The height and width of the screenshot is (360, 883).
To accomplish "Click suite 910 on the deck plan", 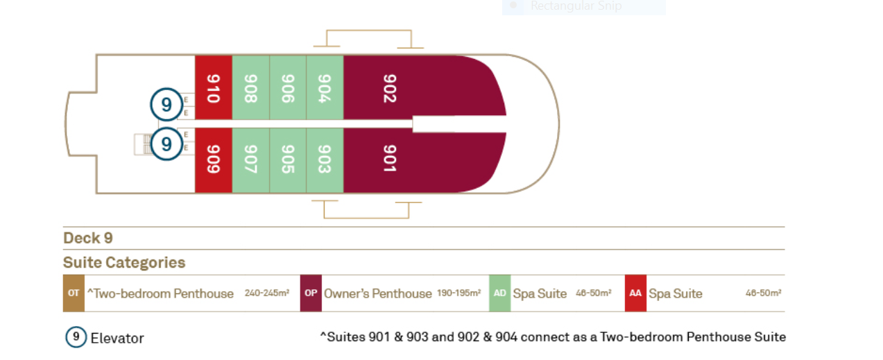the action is tap(214, 87).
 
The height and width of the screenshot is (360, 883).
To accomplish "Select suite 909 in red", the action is tap(214, 160).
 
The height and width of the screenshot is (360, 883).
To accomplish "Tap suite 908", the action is tap(250, 87).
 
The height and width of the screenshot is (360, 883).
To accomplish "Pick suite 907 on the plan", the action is tap(250, 160).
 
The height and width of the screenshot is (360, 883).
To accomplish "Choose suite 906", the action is tap(288, 87).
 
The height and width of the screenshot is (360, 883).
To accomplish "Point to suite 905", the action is tap(288, 160).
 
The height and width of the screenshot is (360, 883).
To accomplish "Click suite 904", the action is tap(325, 87).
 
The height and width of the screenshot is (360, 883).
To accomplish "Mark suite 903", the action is tap(325, 160).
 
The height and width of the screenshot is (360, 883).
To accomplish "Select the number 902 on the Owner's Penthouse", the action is tap(390, 88).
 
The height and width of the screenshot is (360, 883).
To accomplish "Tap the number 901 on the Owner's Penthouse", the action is tap(390, 159).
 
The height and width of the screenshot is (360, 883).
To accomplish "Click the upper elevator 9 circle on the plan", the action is tap(166, 104).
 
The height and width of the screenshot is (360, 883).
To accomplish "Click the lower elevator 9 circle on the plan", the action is tap(166, 144).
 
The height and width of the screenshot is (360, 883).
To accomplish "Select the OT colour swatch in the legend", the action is tap(74, 293).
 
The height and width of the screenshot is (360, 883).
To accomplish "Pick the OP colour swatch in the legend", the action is tap(311, 293).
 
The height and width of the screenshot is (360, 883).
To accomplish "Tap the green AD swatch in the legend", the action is tap(500, 293).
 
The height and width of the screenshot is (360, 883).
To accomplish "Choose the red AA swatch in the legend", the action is tap(635, 293).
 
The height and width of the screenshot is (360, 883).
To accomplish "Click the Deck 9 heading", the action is tap(88, 238).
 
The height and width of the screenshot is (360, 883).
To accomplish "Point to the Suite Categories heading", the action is tap(124, 262).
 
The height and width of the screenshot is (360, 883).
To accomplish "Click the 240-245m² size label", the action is tap(267, 293).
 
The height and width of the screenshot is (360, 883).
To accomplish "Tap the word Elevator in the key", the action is tap(117, 338).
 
